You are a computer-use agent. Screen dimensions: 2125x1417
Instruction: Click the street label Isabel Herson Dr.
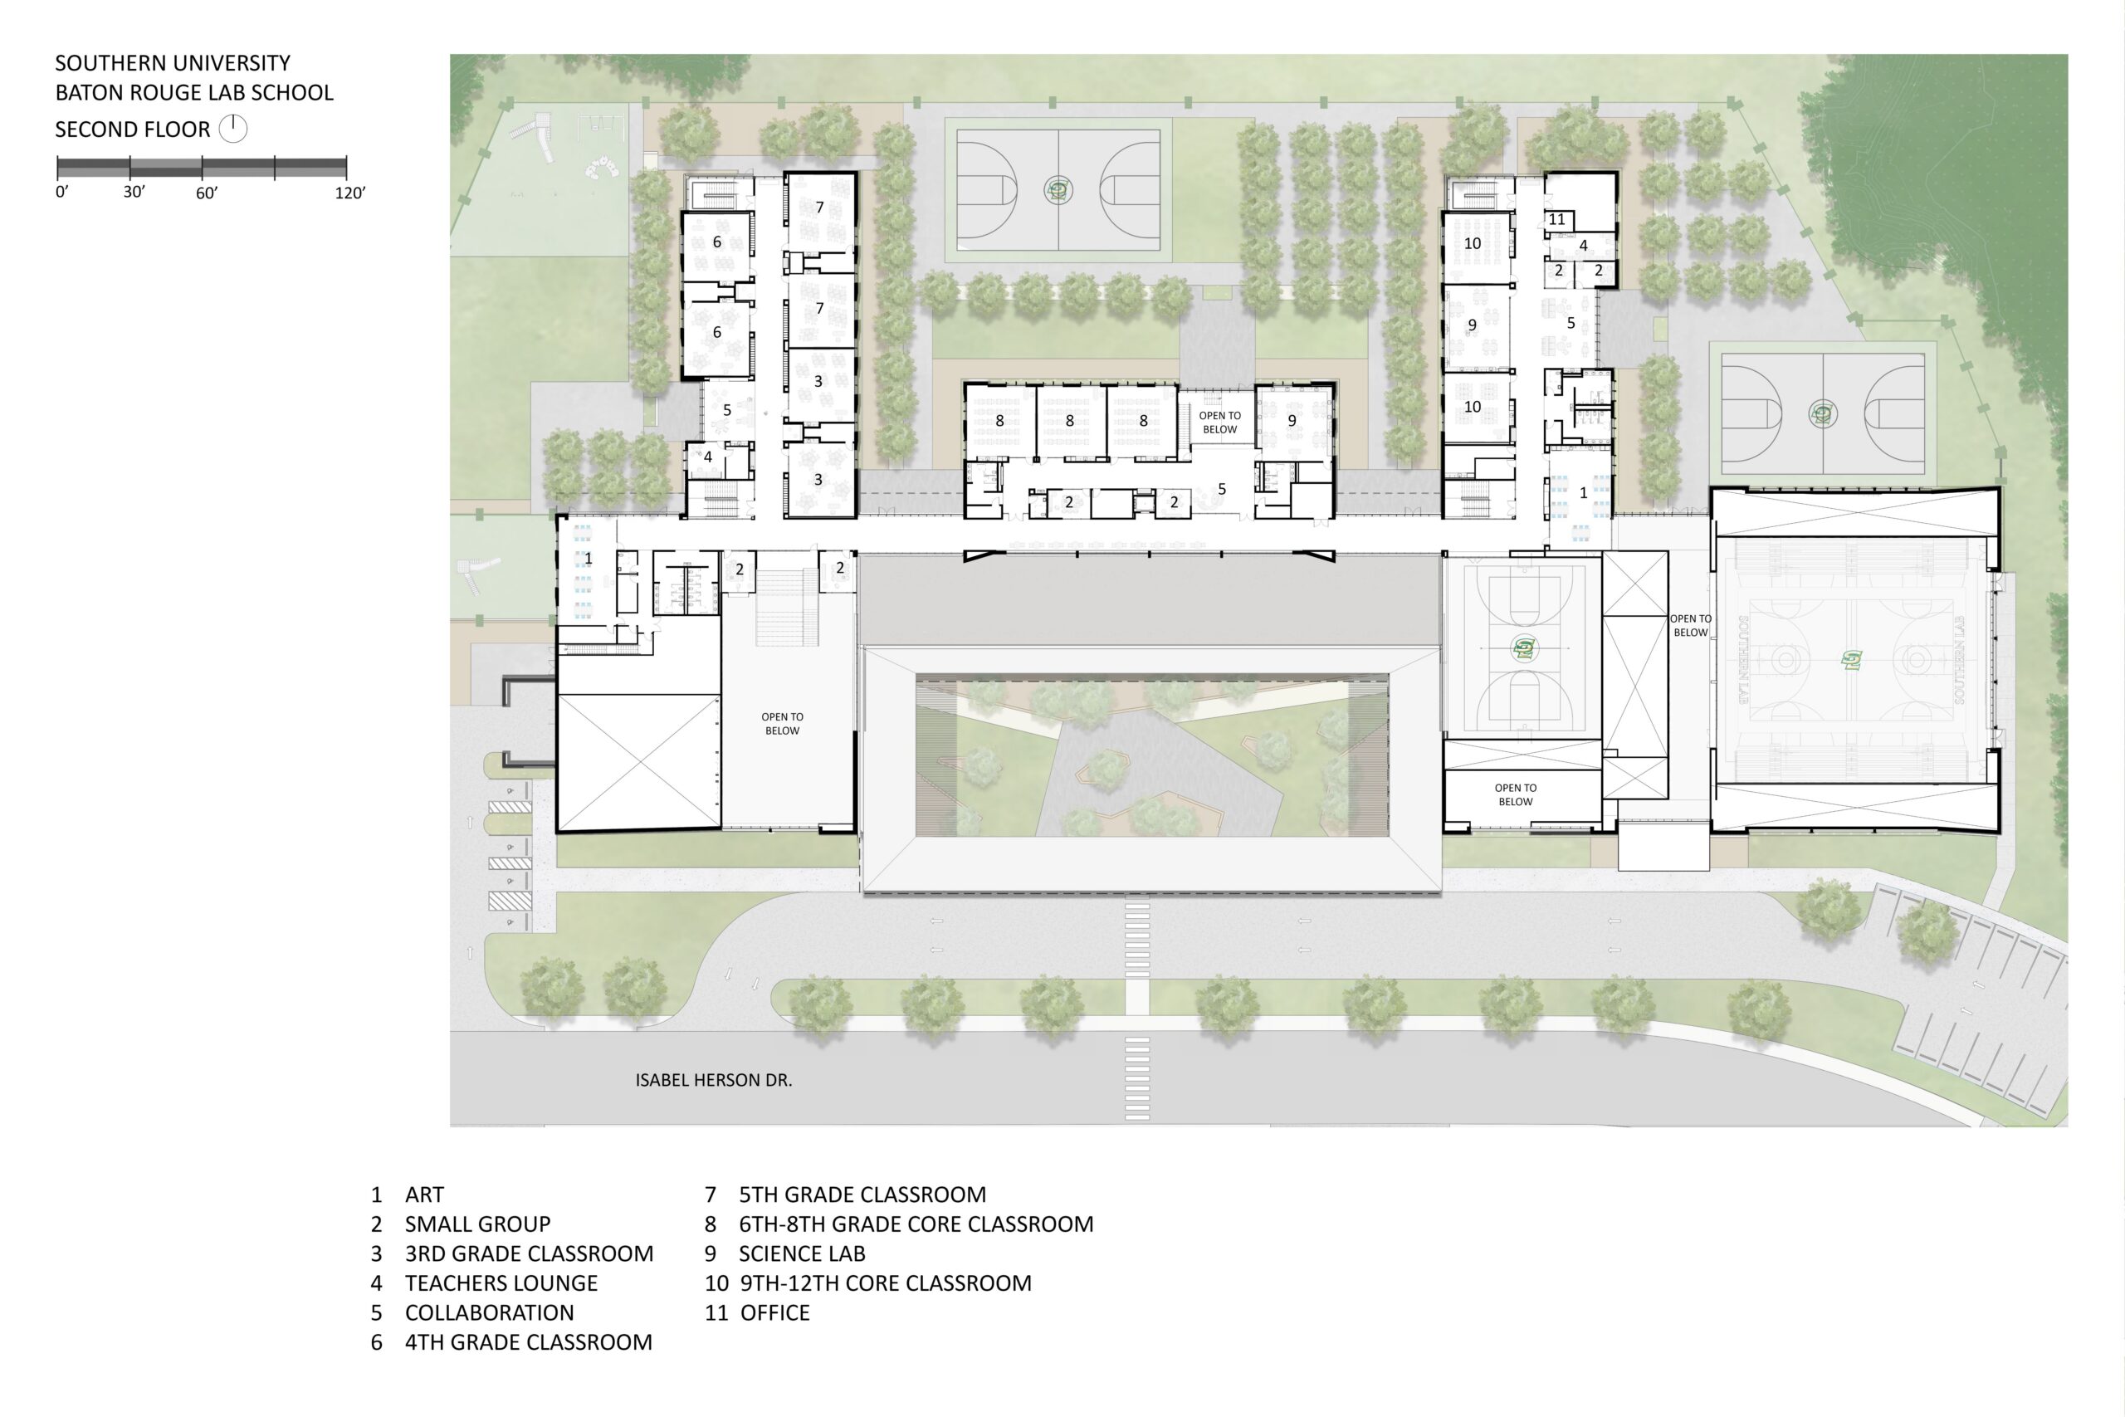(714, 1080)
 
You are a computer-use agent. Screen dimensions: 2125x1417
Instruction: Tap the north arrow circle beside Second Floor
(233, 129)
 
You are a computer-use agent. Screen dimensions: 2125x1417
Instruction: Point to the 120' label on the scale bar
(350, 193)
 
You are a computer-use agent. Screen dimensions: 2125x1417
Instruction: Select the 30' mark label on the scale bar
(134, 193)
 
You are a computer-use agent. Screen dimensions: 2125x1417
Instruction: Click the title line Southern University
(173, 63)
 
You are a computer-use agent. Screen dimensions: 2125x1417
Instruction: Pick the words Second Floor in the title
(133, 129)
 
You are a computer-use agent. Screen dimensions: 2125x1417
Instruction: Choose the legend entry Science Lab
(784, 1253)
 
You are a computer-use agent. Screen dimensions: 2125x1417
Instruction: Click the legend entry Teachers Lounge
(484, 1283)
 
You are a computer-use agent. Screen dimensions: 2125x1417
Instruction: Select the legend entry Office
(757, 1313)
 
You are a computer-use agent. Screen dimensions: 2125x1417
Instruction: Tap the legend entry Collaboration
(472, 1313)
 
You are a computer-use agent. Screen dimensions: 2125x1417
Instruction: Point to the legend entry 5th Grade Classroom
(846, 1195)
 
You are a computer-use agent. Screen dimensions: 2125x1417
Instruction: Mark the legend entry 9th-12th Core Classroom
(868, 1283)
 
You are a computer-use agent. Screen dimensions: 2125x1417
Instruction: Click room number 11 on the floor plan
(1556, 220)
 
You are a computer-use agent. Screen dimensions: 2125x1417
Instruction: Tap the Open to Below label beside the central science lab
(1219, 422)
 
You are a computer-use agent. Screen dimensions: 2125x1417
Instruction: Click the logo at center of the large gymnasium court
(1851, 661)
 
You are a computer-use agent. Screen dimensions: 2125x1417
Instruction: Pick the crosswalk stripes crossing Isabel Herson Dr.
(1137, 1078)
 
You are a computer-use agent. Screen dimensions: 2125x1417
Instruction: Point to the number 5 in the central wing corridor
(1222, 489)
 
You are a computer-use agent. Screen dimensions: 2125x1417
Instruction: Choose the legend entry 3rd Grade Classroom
(512, 1253)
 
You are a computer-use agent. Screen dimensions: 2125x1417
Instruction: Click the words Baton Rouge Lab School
(194, 93)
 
